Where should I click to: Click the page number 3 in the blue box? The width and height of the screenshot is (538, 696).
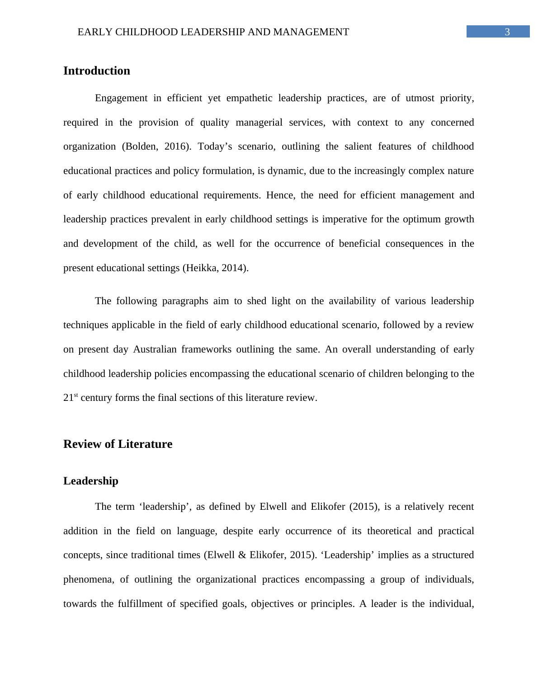click(507, 32)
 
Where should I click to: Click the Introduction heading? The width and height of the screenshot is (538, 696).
click(96, 71)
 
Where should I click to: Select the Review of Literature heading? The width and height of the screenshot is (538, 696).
click(118, 444)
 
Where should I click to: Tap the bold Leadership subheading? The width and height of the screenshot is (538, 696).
click(90, 481)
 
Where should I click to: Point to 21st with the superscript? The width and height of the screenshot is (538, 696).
click(71, 398)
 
